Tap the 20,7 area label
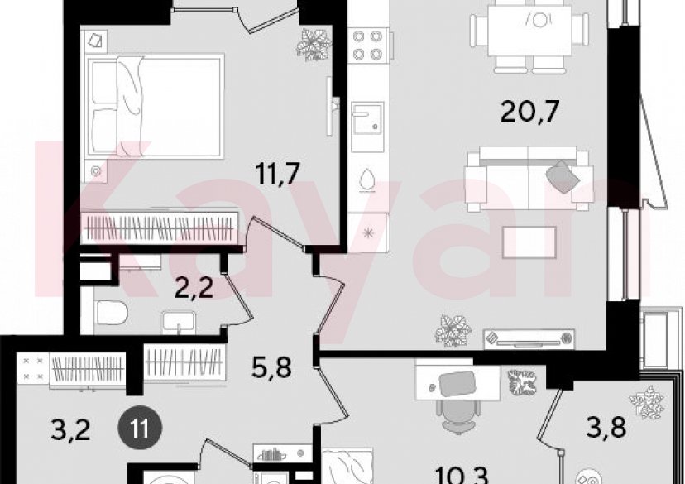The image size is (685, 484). click(527, 113)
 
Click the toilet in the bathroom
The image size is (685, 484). click(111, 314)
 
